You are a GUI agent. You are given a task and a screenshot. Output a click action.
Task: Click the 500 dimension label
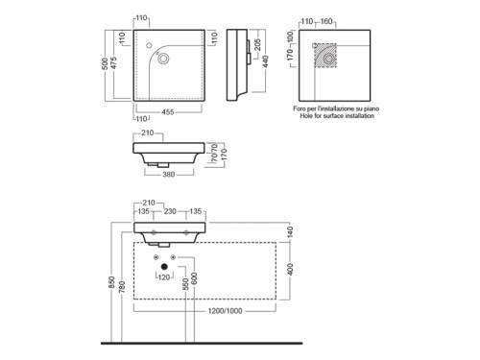[105, 64]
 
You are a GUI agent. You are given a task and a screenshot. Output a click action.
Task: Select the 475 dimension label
[113, 62]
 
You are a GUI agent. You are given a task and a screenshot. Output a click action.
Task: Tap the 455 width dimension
[168, 112]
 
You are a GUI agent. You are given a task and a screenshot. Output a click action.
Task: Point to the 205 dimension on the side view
[257, 45]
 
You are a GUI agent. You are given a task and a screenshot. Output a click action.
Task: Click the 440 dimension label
[266, 61]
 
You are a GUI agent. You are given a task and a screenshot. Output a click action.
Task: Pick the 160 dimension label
[326, 21]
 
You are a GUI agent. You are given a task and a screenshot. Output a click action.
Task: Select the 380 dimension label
[169, 175]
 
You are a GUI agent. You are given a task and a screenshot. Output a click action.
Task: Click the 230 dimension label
[170, 211]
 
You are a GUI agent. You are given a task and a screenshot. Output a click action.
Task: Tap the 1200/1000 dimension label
[225, 311]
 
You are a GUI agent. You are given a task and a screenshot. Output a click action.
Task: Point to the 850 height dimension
[111, 282]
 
